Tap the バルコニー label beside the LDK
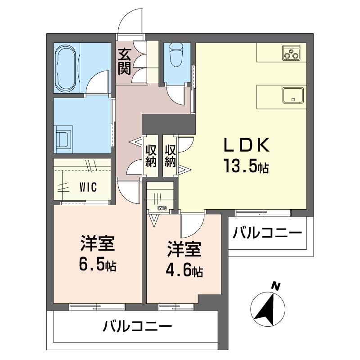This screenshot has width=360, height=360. tap(267, 234)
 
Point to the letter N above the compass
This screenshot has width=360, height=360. tap(276, 285)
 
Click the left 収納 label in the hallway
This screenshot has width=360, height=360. tap(150, 155)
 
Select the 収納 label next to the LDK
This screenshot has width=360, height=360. tap(170, 155)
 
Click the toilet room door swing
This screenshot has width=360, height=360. tap(175, 95)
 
